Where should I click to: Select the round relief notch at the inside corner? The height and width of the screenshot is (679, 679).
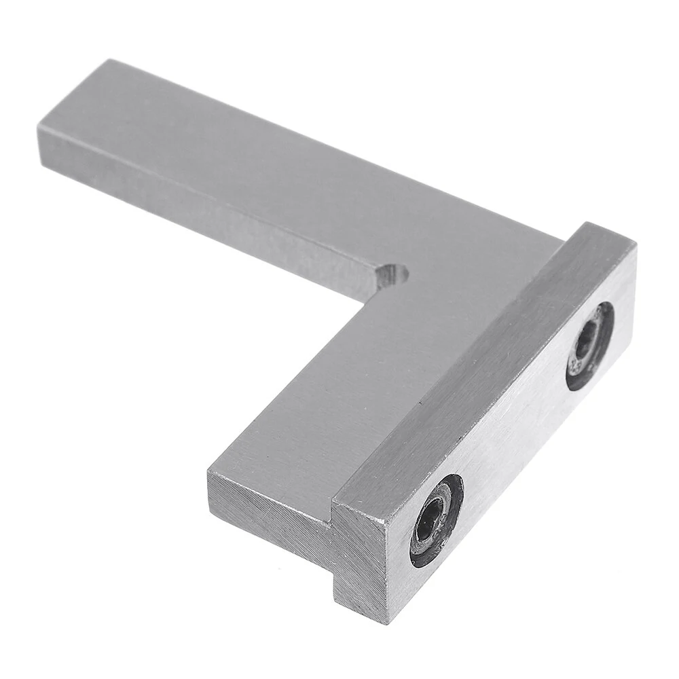point(392,276)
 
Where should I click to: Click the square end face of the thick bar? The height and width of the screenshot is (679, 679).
point(360,564)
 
